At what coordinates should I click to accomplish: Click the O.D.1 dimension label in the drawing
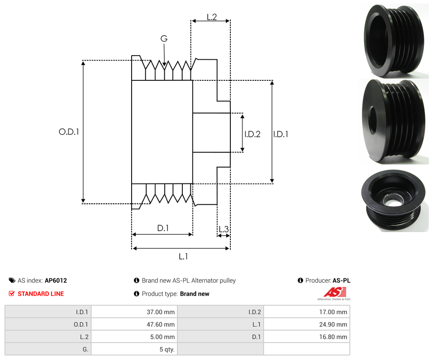69,132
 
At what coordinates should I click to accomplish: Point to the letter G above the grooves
164,39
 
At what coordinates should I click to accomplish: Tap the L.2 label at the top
212,17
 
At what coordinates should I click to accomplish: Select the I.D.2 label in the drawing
252,134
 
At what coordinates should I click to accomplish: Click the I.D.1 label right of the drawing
281,134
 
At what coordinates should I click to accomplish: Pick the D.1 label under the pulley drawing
163,228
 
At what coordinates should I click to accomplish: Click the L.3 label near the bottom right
224,229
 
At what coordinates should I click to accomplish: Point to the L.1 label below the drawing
183,257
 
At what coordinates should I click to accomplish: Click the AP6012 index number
56,281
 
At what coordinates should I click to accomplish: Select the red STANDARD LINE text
41,294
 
